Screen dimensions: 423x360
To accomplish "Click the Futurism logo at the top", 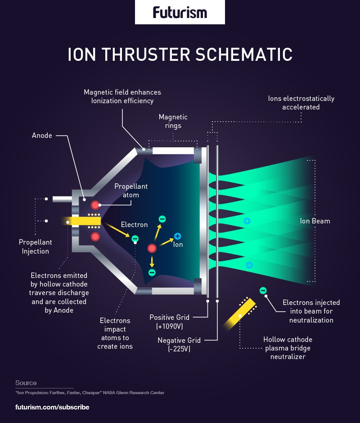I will coord(180,12).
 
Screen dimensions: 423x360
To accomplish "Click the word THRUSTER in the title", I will coord(145,55).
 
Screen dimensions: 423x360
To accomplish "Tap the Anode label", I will coord(42,135).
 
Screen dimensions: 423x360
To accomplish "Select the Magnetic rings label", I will coord(173,121).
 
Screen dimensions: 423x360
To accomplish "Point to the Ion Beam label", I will coord(315,221).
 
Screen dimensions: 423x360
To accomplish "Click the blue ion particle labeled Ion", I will coord(177,236).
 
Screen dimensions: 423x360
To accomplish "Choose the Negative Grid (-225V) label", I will coord(178,345).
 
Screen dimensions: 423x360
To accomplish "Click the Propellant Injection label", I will coord(35,247).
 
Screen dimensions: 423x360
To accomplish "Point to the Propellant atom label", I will coord(130,191).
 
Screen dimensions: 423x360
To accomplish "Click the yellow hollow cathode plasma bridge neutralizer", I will coord(240,314).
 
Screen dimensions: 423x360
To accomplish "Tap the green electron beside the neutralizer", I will coord(263,291).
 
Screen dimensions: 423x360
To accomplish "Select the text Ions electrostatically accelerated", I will coord(301,103).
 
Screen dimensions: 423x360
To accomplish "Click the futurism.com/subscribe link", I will coord(52,407).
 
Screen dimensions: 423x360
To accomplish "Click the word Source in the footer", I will coord(26,383).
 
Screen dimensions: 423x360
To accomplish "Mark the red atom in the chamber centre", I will coord(152,248).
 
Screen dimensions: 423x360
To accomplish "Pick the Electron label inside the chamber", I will coord(134,224).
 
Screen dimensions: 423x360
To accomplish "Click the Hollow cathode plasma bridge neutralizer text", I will coord(288,348).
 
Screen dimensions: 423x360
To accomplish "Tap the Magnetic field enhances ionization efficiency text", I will coord(122,96).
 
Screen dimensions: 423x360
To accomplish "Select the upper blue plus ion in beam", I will coord(247,221).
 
